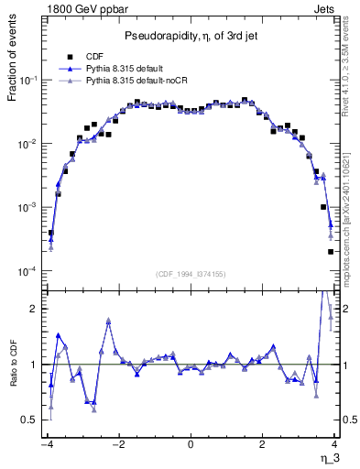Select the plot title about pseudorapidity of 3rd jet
point(190,36)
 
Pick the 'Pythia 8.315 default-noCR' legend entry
point(143,81)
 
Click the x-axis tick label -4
point(46,445)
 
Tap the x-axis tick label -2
point(118,445)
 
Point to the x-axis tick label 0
point(191,445)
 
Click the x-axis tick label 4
point(335,445)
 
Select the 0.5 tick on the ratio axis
point(30,420)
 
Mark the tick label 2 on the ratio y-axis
point(36,309)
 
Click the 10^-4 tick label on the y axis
point(28,272)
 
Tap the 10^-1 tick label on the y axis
point(28,81)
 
